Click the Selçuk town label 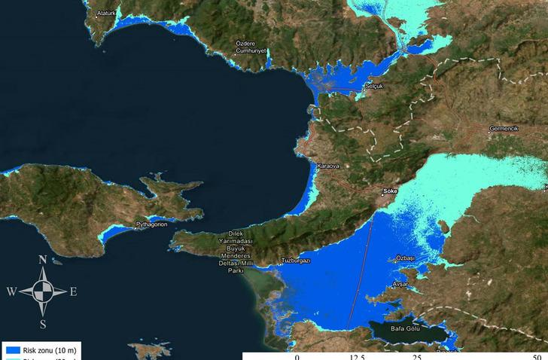374,87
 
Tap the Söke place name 390,191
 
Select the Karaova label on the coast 328,165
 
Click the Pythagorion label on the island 151,224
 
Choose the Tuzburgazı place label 296,261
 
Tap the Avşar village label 400,284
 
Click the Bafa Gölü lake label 406,328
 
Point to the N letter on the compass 44,260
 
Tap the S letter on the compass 44,325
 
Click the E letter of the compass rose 73,292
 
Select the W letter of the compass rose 11,291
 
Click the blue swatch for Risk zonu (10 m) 11,350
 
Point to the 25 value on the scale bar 416,355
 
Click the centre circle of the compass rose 43,291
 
